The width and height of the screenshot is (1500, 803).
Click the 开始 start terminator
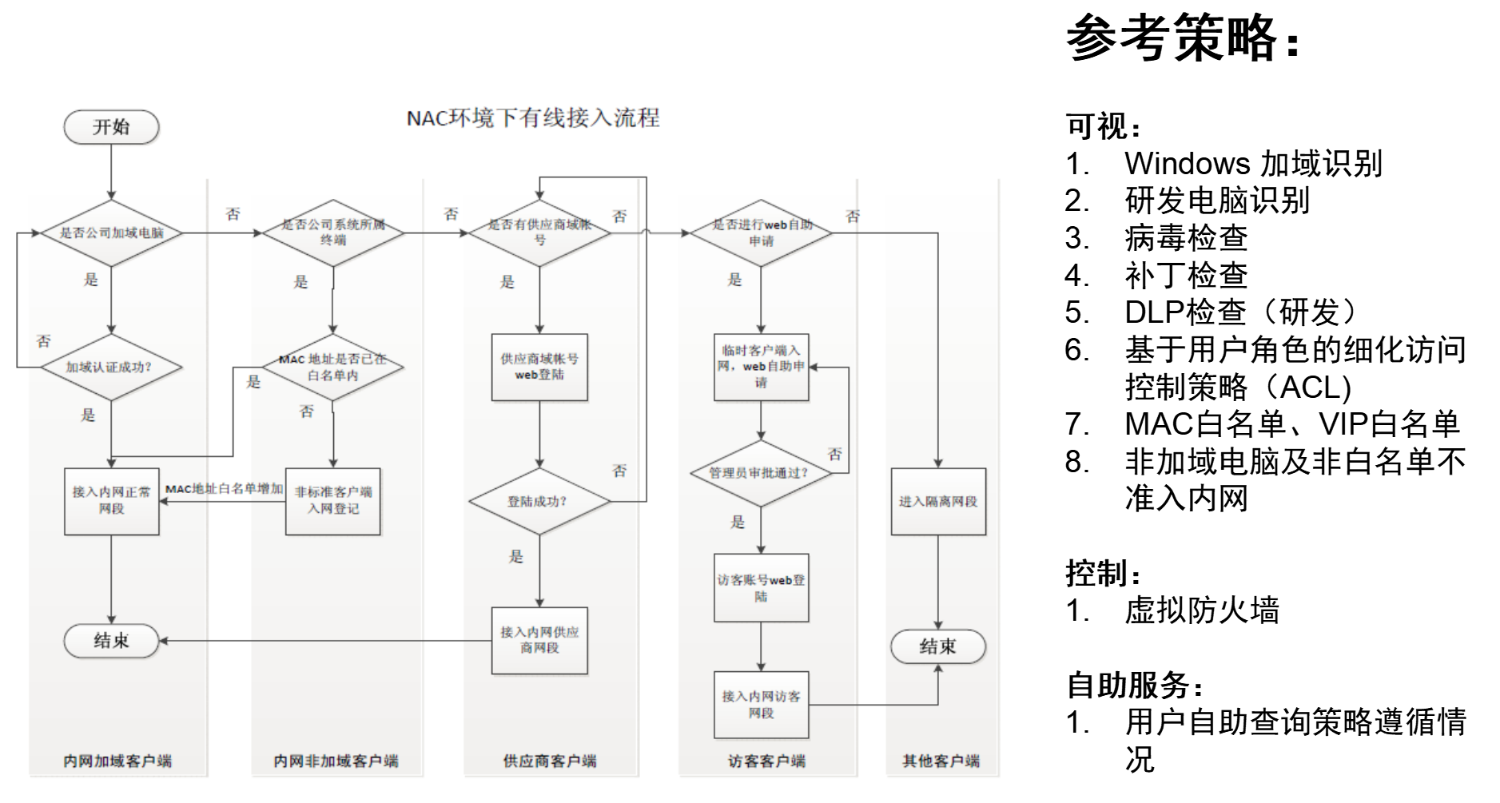111,127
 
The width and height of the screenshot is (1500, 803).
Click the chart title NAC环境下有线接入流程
533,118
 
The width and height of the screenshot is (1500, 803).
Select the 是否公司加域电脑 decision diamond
112,233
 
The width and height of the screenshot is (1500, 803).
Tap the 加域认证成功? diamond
111,368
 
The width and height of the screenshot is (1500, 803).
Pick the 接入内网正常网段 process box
112,501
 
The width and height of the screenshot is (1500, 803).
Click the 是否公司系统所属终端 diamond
333,233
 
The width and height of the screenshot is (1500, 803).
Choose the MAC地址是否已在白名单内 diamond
333,368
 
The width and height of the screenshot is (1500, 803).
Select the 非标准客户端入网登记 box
333,501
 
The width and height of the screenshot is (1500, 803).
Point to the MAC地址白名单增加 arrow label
224,489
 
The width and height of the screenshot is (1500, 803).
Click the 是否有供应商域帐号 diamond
539,233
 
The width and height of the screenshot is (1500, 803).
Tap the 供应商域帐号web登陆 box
539,367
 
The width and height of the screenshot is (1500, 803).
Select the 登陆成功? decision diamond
539,502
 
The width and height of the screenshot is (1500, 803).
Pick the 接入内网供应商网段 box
539,640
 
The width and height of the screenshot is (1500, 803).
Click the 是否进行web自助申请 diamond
761,233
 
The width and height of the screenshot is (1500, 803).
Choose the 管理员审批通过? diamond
761,473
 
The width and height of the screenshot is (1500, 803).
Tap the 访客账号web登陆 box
761,588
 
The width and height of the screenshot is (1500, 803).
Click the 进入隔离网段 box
938,502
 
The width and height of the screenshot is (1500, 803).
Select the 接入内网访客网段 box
761,705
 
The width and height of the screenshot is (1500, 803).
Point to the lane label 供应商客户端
550,761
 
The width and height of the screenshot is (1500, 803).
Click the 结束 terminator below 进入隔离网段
938,646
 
